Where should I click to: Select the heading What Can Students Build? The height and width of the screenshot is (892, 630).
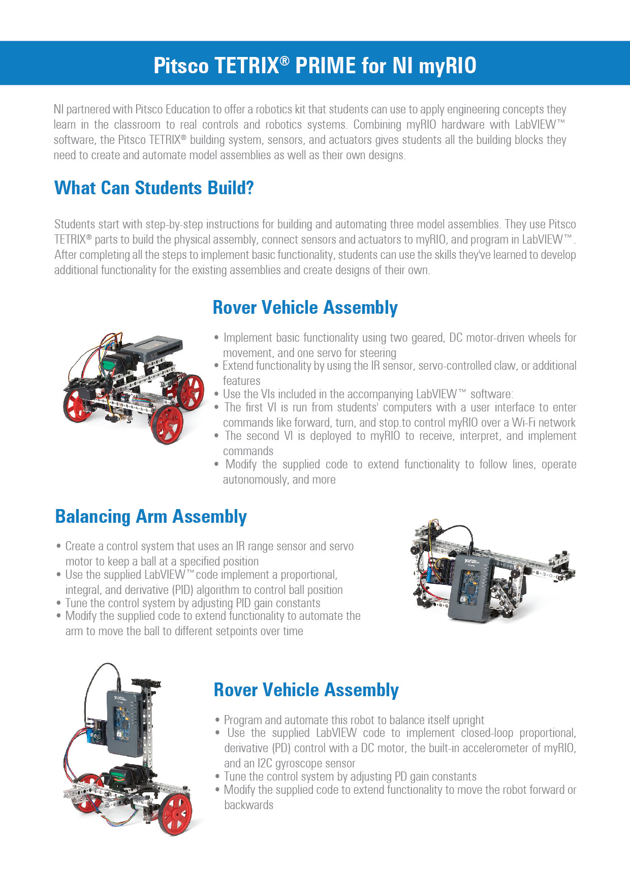tap(154, 188)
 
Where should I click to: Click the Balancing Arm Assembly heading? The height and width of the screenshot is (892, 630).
tap(151, 517)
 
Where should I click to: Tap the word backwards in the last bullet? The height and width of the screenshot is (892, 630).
tap(248, 805)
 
